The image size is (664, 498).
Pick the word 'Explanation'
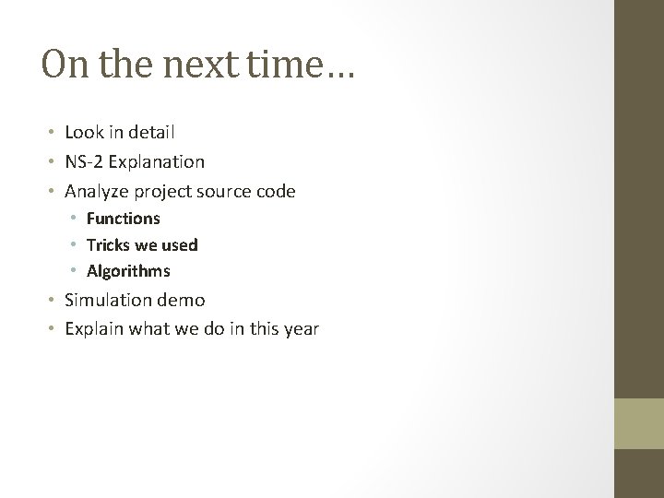157,161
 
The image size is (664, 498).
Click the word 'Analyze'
95,191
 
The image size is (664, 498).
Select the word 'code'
276,191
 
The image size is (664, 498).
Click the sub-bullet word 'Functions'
124,219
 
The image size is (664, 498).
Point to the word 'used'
180,245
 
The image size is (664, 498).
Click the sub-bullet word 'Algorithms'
128,271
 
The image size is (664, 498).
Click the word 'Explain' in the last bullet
93,328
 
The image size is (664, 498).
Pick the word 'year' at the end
301,328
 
